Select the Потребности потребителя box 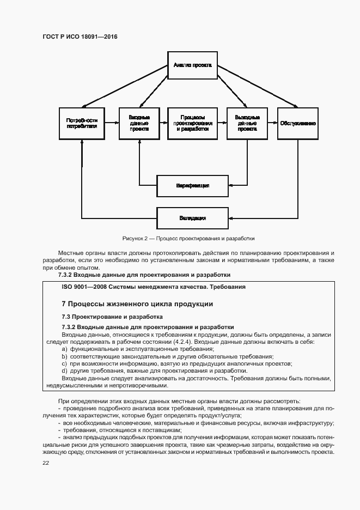pos(82,123)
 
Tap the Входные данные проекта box pos(139,123)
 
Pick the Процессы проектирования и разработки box pos(192,123)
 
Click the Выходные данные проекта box pos(247,123)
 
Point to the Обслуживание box pos(298,123)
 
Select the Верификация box pos(192,186)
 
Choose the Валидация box pos(192,218)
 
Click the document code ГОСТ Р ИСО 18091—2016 pos(80,37)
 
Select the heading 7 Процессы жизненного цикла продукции pos(137,303)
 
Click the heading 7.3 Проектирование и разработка pos(112,317)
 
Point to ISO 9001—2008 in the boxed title pos(85,286)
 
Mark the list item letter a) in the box pos(64,349)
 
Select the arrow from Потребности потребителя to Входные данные pos(112,124)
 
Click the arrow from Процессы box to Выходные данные pos(221,124)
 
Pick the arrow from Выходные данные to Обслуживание pos(272,124)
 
